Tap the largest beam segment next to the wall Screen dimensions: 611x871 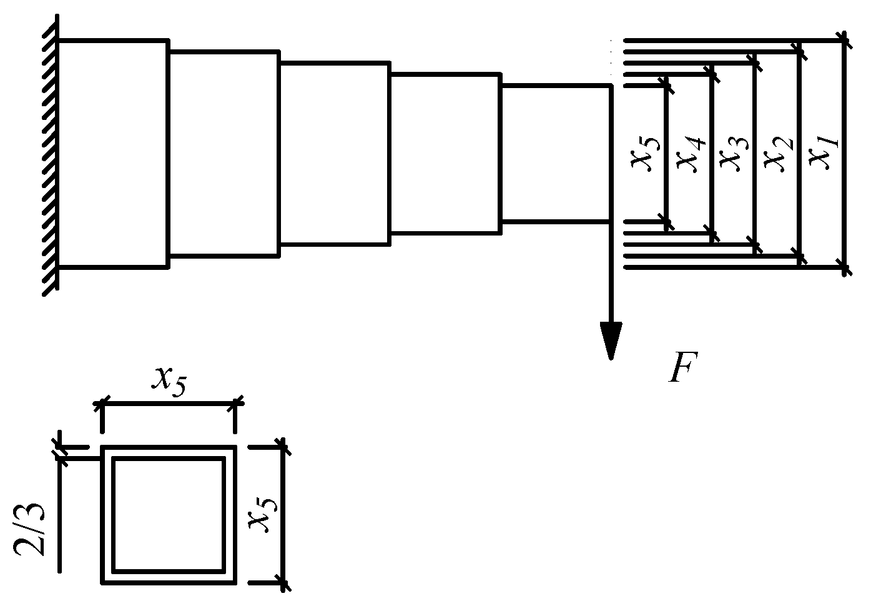pyautogui.click(x=112, y=154)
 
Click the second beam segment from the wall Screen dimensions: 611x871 pyautogui.click(x=224, y=154)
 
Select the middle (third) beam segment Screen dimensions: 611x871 pyautogui.click(x=335, y=154)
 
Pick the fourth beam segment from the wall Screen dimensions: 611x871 pyautogui.click(x=445, y=154)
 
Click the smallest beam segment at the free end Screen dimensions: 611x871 pyautogui.click(x=554, y=154)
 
